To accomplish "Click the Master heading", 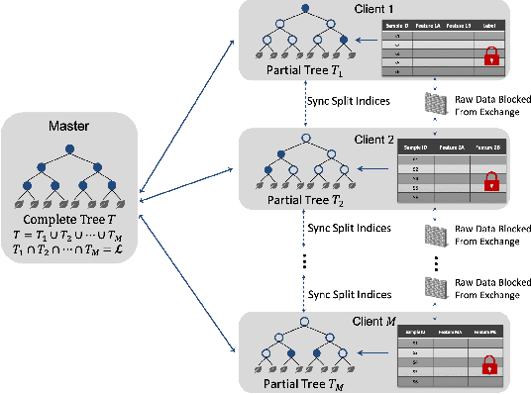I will point(68,127).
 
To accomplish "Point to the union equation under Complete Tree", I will point(68,236).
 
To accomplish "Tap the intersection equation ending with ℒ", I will point(68,251).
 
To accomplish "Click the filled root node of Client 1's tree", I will point(304,10).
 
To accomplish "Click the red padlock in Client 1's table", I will point(487,59).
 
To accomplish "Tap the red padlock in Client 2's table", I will point(487,182).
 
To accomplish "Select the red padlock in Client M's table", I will point(487,365).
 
